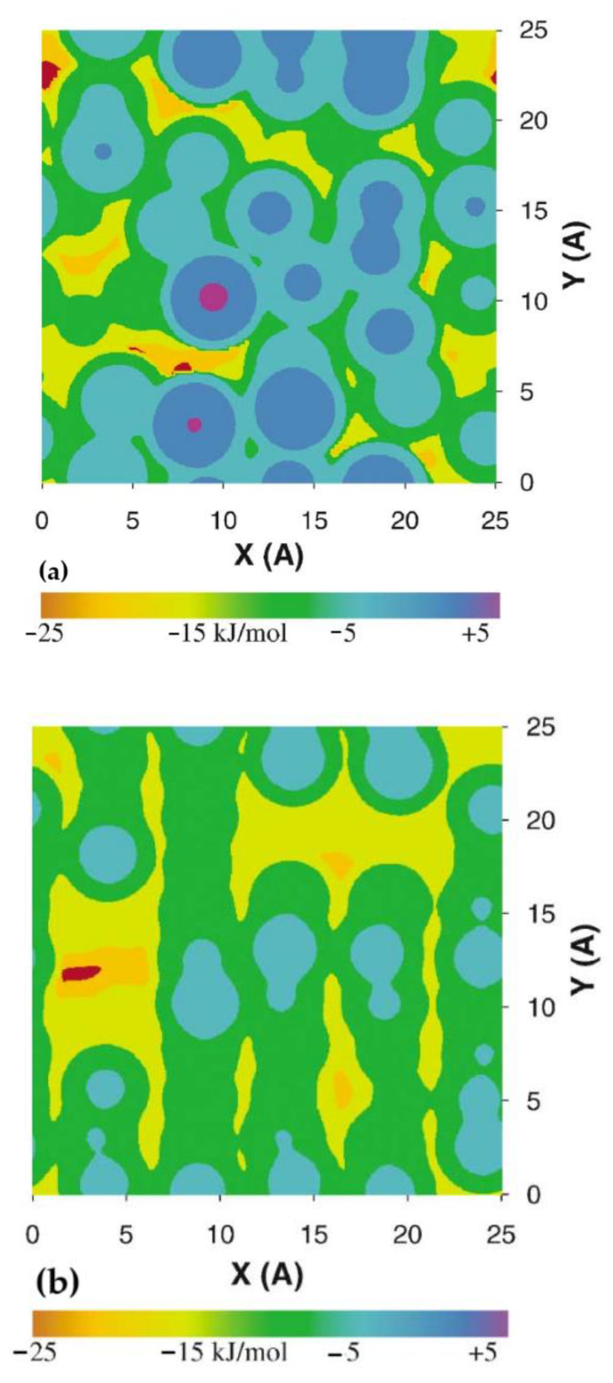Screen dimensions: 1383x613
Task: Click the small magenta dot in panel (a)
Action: (195, 425)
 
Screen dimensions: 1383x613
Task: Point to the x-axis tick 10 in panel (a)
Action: (223, 521)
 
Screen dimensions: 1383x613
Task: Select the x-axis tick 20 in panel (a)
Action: (404, 521)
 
